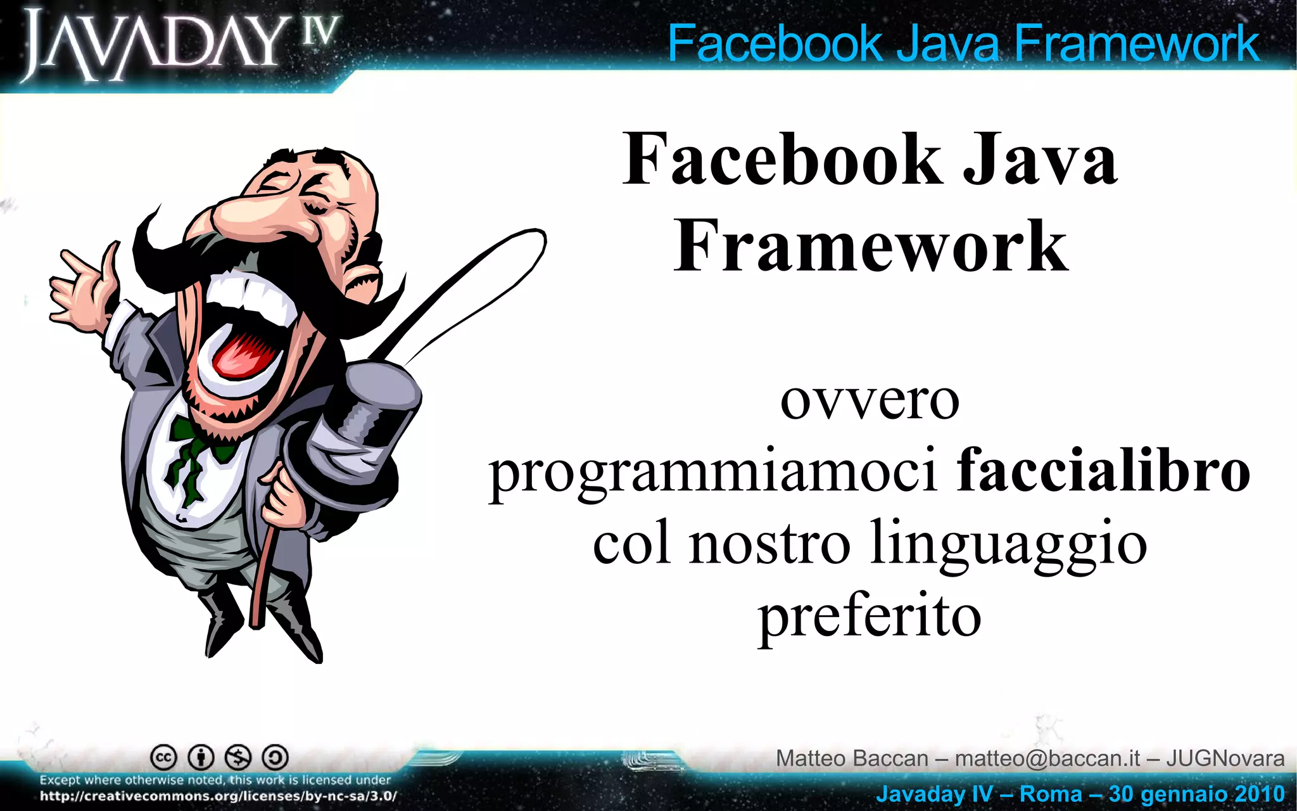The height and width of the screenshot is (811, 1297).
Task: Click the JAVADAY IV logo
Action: pyautogui.click(x=180, y=46)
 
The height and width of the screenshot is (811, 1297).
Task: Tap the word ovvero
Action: pyautogui.click(x=870, y=400)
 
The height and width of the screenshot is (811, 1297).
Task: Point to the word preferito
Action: pyautogui.click(x=870, y=617)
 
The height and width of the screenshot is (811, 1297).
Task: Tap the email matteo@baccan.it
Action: pyautogui.click(x=1047, y=758)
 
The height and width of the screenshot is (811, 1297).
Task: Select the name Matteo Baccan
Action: pyautogui.click(x=852, y=758)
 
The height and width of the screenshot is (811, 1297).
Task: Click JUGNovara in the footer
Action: pyautogui.click(x=1225, y=758)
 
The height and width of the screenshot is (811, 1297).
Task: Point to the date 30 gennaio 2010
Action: pyautogui.click(x=1196, y=794)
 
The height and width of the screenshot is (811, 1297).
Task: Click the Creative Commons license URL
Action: pyautogui.click(x=218, y=796)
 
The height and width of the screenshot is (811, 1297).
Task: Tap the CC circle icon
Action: pyautogui.click(x=163, y=757)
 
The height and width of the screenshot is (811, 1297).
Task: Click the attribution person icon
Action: pyautogui.click(x=201, y=757)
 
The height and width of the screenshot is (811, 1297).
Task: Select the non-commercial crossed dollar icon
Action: pyautogui.click(x=239, y=757)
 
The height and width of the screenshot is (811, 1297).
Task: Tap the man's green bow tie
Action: pyautogui.click(x=196, y=444)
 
